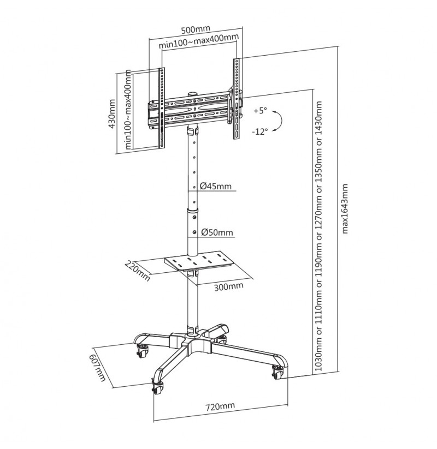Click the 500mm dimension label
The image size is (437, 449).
coord(196,29)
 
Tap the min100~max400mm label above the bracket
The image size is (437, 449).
coord(199,41)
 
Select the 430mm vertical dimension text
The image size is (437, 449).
coord(112,113)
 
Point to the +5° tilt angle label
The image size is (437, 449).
coord(260,111)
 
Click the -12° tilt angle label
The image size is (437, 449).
coord(260,131)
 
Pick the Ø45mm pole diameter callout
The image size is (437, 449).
coord(216,186)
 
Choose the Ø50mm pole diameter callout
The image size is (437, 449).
coord(217,232)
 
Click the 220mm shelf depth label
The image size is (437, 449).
coord(137,271)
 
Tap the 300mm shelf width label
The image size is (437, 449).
coord(229,286)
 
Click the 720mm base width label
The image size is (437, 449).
coord(220,406)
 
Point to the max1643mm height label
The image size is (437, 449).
coord(344,209)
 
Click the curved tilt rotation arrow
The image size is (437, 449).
coord(277,121)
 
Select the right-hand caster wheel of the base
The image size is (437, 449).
coord(278,372)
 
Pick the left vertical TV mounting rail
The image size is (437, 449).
coord(162,108)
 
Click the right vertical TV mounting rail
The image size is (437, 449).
coord(237,99)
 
